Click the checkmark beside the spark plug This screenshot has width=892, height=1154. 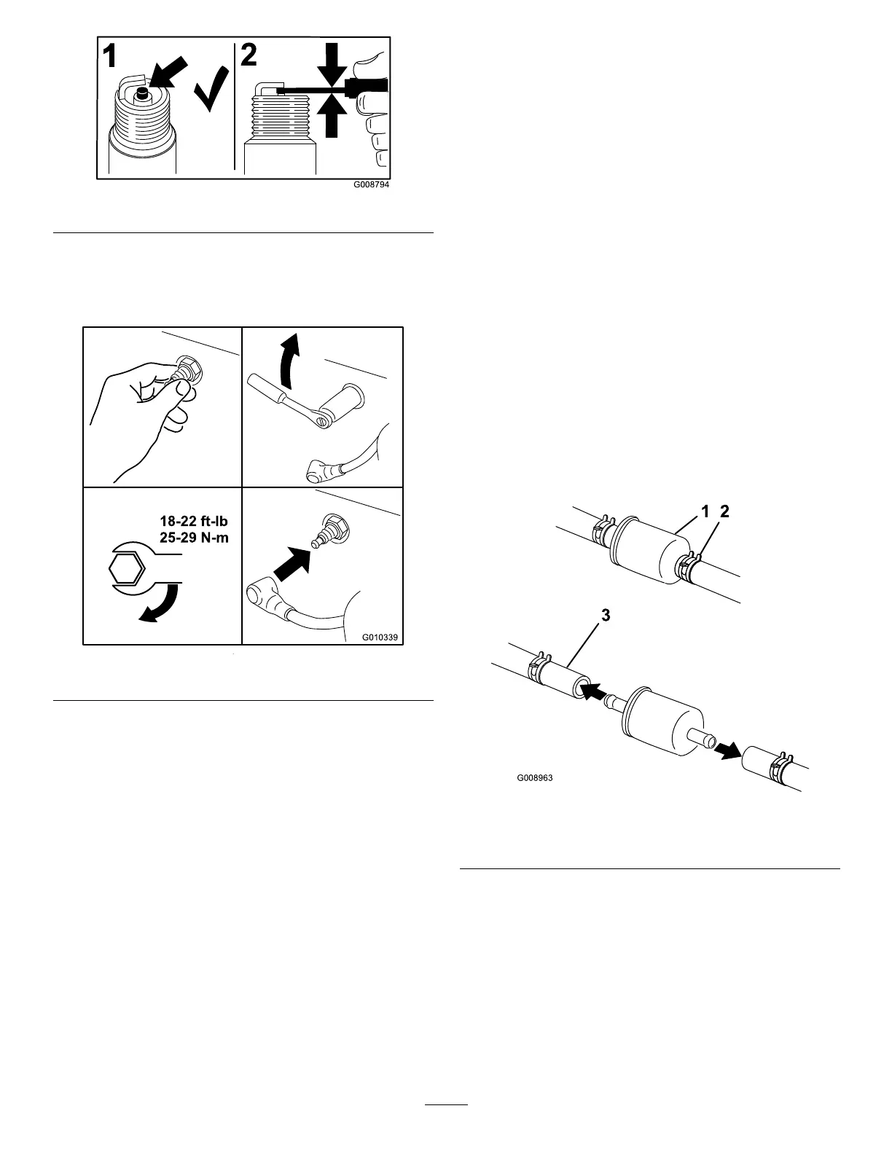211,90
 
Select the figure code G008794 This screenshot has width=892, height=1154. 372,185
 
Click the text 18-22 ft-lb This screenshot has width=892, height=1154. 195,522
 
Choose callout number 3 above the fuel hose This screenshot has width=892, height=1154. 605,616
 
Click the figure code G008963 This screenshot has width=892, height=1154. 535,778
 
